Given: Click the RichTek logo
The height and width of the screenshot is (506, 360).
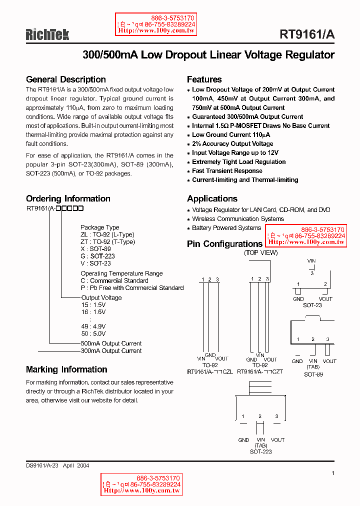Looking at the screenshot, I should point(47,34).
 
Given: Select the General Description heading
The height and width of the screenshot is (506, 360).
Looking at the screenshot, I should point(65,79).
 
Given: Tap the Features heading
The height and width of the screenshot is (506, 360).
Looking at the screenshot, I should point(204,79).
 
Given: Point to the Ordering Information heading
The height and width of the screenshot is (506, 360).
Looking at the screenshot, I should point(68,198).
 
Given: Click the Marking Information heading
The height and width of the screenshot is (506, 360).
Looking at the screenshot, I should point(66,369).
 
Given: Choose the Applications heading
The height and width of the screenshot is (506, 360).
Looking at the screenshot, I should point(212,198).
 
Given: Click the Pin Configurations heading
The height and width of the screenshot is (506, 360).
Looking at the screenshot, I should point(224,244).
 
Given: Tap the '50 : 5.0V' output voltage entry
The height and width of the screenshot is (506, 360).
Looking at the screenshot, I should point(93,333).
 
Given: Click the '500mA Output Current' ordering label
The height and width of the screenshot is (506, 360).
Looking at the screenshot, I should point(111,343).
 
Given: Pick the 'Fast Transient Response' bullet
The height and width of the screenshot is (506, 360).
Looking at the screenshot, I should point(227,171).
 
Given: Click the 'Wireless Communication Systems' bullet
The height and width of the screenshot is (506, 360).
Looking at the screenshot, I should point(238,219).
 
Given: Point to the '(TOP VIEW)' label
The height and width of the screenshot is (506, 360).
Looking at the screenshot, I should point(260,253).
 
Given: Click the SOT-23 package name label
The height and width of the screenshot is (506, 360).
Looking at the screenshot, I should point(312,305).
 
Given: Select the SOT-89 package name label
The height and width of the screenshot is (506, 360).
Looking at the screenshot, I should point(313,374).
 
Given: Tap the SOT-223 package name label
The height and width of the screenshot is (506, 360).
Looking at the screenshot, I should point(260,451).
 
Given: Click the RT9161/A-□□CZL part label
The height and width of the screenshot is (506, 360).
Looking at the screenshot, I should point(210,372).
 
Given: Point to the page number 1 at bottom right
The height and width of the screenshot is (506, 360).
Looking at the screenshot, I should point(332,472).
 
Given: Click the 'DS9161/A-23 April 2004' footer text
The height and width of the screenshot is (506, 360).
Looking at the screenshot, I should point(57,465).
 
